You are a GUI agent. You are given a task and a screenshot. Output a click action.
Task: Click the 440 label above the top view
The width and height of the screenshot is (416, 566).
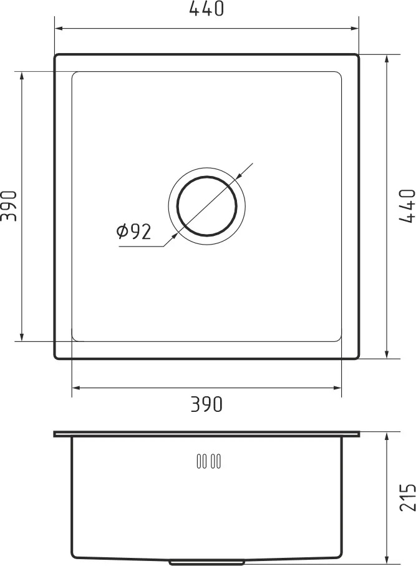coord(206,9)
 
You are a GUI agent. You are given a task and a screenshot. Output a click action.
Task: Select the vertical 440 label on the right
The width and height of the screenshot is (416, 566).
coord(408,206)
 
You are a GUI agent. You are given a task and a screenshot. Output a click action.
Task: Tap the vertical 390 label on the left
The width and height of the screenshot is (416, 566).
coord(9,206)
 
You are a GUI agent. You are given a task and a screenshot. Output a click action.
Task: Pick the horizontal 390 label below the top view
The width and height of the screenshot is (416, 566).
coord(206,404)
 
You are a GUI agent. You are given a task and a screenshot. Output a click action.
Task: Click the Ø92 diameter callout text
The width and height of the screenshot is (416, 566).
coord(133,232)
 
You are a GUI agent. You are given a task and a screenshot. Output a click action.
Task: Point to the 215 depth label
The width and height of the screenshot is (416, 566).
coord(408,497)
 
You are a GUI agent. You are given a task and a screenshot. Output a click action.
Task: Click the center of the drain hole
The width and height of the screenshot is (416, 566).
coord(206,206)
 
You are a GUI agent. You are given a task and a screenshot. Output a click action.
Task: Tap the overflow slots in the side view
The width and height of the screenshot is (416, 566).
coord(209,461)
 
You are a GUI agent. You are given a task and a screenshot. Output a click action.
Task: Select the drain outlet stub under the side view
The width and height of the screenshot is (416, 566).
coord(206,562)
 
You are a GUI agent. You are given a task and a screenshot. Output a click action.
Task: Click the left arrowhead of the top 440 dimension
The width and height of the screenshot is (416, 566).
coord(59,28)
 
